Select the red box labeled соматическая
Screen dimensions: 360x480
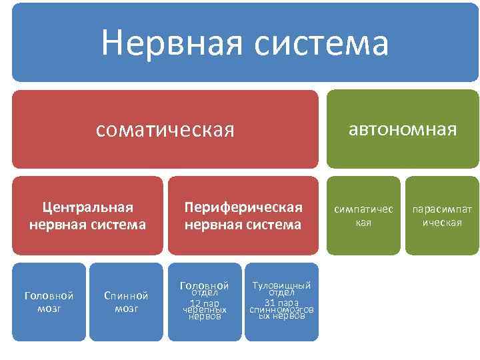(x=165, y=129)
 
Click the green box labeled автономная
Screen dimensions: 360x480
(x=403, y=129)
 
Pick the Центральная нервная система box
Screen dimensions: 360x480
(x=87, y=215)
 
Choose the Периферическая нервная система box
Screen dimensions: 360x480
(x=243, y=215)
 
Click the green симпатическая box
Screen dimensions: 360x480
(x=363, y=215)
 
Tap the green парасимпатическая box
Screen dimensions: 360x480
(x=442, y=215)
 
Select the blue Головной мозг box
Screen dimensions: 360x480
(x=49, y=301)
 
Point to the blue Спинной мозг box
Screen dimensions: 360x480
(x=126, y=301)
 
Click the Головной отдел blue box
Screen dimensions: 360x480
(x=205, y=301)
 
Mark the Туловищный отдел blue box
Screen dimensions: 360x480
(x=281, y=301)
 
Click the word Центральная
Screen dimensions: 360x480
(x=87, y=207)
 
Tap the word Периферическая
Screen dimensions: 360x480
(x=243, y=207)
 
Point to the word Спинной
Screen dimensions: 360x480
(x=126, y=295)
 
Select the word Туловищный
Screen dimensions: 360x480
(x=281, y=286)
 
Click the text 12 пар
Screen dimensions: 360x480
(x=205, y=303)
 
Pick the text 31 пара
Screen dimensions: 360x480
(x=281, y=303)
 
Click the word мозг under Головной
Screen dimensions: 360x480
(x=49, y=308)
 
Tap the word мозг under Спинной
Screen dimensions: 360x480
(x=126, y=308)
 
